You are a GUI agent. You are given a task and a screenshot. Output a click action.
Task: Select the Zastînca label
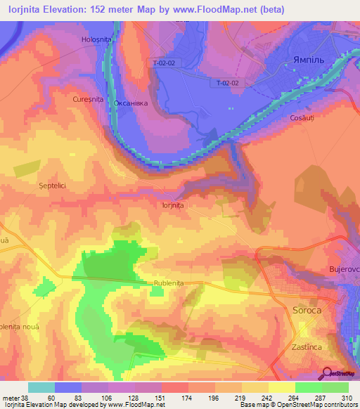tap(307, 348)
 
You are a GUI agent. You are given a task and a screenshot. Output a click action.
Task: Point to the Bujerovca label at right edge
tap(344, 269)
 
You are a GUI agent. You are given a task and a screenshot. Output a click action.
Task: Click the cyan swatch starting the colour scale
tap(41, 387)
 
